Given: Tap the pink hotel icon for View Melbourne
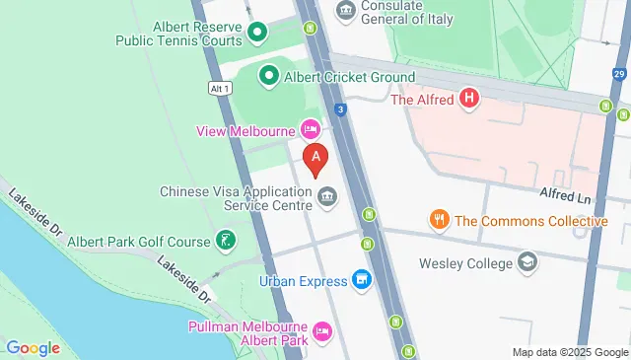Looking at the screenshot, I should [310, 129].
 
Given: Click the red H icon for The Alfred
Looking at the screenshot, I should [469, 99].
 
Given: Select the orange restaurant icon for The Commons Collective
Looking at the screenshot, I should [439, 220].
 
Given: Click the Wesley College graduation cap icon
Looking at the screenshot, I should [528, 263].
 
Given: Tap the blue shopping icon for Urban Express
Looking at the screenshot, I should [362, 281].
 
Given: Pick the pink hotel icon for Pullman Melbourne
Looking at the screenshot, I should [321, 330].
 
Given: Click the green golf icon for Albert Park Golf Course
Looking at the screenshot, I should [227, 241].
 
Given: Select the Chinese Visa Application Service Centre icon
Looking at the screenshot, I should [327, 200].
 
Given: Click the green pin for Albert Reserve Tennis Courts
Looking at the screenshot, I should [257, 33].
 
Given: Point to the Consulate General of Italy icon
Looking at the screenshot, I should [346, 11].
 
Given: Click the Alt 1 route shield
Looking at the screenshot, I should [220, 88].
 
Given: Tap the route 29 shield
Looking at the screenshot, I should [618, 75].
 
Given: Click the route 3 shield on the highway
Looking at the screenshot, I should [339, 109].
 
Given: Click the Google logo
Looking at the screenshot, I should [33, 347].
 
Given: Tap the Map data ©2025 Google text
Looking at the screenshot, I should [570, 352].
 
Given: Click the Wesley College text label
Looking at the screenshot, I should [466, 263].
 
